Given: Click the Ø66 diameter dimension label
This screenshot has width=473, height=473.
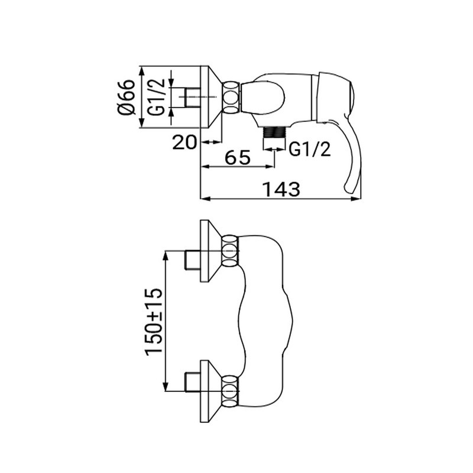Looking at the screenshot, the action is (x=126, y=97).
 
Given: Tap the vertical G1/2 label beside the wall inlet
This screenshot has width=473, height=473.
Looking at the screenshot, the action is (x=156, y=97).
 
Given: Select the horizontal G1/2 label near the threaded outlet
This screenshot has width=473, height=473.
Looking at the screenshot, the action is (x=310, y=149).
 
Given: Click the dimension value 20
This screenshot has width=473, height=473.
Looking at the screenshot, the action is (x=184, y=142).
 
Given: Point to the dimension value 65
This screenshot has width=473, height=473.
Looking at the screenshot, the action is (x=238, y=157).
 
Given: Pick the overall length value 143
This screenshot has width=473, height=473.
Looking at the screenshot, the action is (x=281, y=189).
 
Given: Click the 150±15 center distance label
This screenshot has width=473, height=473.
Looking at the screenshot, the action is (x=154, y=322).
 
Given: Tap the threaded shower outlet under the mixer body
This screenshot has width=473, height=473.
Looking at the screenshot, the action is (x=274, y=132).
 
